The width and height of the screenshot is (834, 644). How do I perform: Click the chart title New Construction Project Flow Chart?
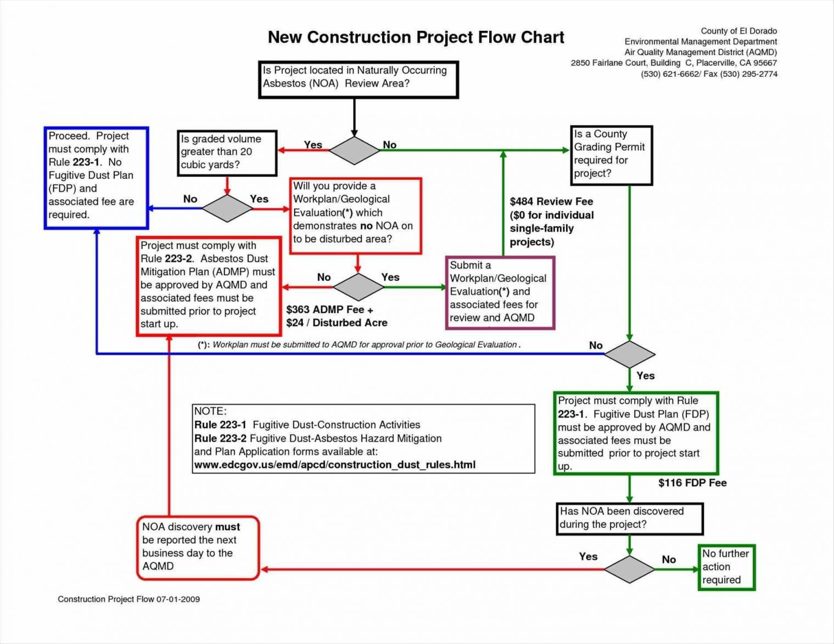pos(416,37)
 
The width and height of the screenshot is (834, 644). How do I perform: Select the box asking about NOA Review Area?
pos(358,80)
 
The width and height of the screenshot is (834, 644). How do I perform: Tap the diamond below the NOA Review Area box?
pos(355,150)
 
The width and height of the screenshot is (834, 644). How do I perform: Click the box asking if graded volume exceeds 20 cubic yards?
pos(227,153)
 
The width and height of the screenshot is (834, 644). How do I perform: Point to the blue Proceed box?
pos(96,178)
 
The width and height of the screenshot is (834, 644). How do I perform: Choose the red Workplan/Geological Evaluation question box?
pos(355,215)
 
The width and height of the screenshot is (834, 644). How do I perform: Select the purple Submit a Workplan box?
pos(500,292)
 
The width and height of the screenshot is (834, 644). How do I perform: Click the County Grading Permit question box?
pos(611,155)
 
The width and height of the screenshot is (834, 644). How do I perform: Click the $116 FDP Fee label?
pos(692,483)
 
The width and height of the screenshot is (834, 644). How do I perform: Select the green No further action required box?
pos(726,567)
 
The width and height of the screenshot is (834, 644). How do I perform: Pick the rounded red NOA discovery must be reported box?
pos(197,547)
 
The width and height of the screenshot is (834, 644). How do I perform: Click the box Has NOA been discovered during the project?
pos(629,518)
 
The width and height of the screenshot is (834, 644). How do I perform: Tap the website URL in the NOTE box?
pos(335,465)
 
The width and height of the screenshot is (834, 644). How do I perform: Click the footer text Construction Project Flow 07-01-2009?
pos(129,599)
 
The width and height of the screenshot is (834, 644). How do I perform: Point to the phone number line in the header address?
pos(709,74)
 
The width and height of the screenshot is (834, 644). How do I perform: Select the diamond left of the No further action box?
pos(629,569)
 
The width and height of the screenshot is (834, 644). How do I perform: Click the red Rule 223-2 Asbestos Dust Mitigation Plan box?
pos(209,285)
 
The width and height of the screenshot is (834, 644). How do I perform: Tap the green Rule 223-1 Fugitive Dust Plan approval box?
pos(635,433)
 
